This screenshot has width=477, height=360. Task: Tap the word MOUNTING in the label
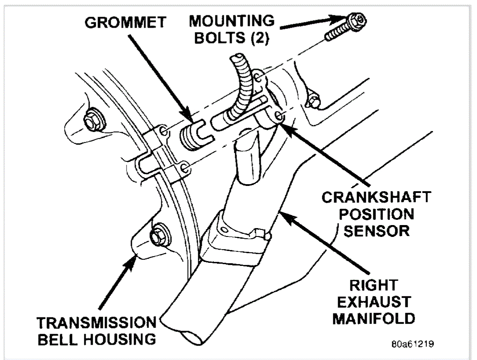click(232, 21)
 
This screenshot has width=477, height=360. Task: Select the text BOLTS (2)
click(232, 38)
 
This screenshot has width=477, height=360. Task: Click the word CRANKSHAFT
click(376, 196)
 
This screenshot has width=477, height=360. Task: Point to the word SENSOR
click(376, 230)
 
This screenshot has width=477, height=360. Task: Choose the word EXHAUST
click(374, 302)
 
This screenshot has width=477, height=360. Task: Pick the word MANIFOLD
click(374, 318)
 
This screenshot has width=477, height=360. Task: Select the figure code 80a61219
click(412, 344)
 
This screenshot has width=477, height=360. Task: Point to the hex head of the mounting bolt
click(358, 20)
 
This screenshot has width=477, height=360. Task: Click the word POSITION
click(376, 214)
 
